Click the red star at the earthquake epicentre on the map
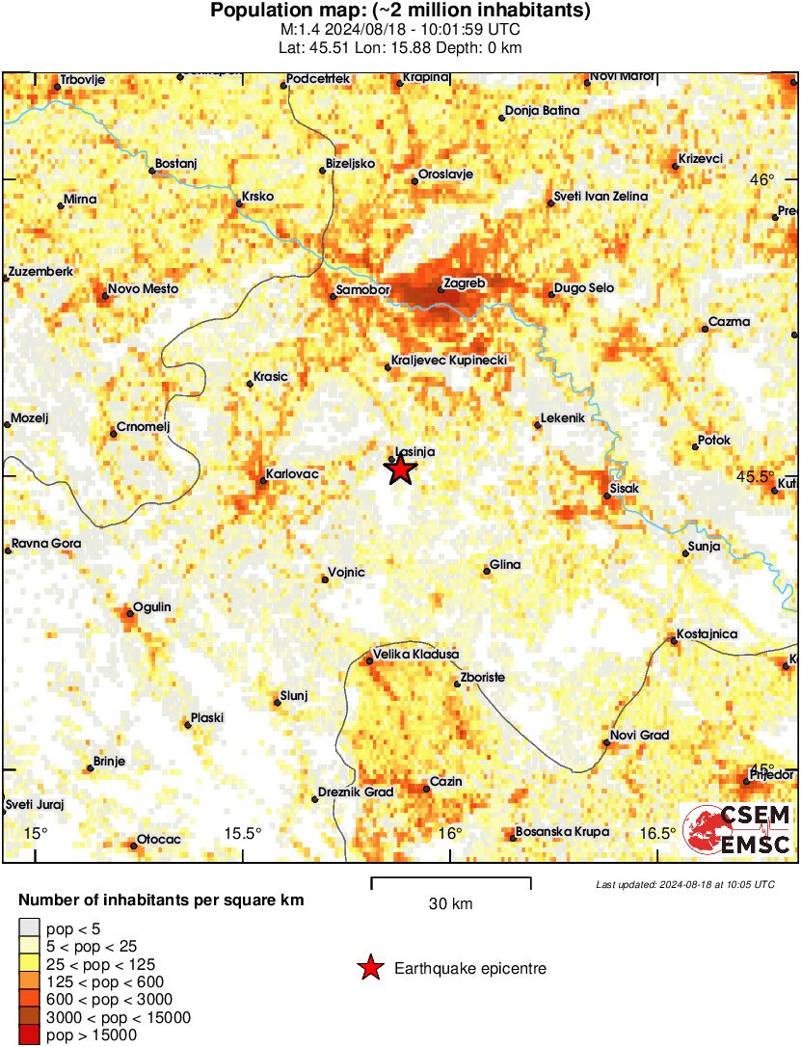[400, 470]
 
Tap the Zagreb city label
[464, 283]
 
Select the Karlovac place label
[296, 473]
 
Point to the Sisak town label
[624, 489]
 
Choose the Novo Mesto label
[143, 288]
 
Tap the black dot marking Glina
[487, 572]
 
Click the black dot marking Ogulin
[130, 612]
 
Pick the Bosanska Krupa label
[559, 831]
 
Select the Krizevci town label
[701, 158]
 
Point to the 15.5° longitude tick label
[243, 834]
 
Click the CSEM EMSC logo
[737, 830]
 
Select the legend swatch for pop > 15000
[30, 1035]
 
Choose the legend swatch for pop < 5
[30, 928]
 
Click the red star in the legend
[370, 969]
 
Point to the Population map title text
[400, 12]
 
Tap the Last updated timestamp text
[684, 884]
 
